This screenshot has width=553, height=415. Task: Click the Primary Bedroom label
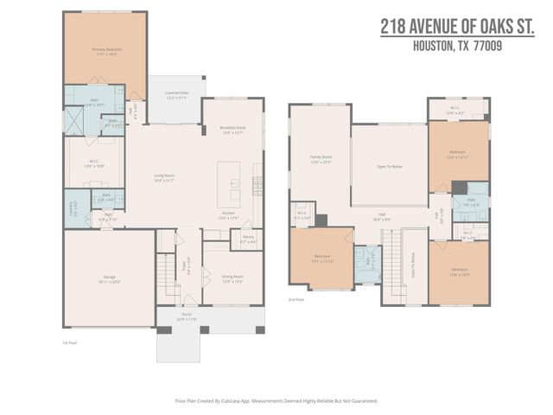click(x=107, y=50)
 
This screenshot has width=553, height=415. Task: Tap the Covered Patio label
click(x=176, y=96)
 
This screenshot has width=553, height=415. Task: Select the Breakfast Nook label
click(x=233, y=127)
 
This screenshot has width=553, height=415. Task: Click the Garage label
click(x=107, y=277)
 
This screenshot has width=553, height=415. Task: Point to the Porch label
click(x=187, y=316)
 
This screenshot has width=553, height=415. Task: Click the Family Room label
click(x=321, y=156)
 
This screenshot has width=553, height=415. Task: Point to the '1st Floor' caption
click(x=72, y=342)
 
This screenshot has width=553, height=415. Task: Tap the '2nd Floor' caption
click(x=296, y=299)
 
